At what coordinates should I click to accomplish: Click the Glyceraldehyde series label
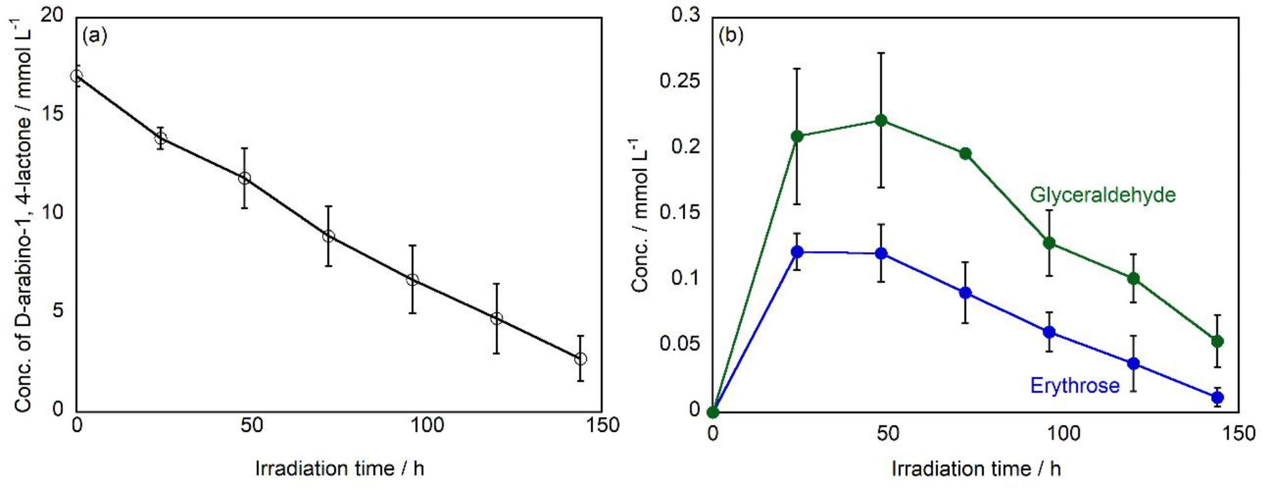click(1102, 194)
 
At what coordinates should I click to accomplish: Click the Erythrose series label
click(1074, 386)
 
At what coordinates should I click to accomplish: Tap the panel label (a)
click(95, 36)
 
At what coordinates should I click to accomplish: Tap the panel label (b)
click(730, 36)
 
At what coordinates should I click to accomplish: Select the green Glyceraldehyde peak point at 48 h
click(881, 120)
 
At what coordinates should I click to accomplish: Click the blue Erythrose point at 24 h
click(798, 252)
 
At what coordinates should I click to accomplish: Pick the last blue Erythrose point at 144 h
click(1217, 398)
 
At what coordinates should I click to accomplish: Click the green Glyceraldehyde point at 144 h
click(1217, 341)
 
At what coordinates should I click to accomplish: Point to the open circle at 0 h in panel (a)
click(76, 76)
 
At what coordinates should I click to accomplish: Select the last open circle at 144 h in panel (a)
click(580, 359)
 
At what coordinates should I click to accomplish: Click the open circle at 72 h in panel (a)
click(328, 236)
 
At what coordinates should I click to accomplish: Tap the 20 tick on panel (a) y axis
click(52, 15)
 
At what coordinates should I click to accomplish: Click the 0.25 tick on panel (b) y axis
click(680, 81)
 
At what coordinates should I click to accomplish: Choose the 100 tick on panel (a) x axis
click(426, 425)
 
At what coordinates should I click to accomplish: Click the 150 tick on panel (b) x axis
click(1238, 433)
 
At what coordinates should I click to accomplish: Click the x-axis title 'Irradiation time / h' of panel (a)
click(339, 469)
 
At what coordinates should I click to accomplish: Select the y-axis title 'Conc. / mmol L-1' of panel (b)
click(640, 216)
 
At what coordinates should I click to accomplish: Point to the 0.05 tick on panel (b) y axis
click(680, 344)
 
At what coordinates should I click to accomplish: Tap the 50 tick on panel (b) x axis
click(888, 433)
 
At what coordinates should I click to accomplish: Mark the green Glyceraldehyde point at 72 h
click(965, 154)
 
